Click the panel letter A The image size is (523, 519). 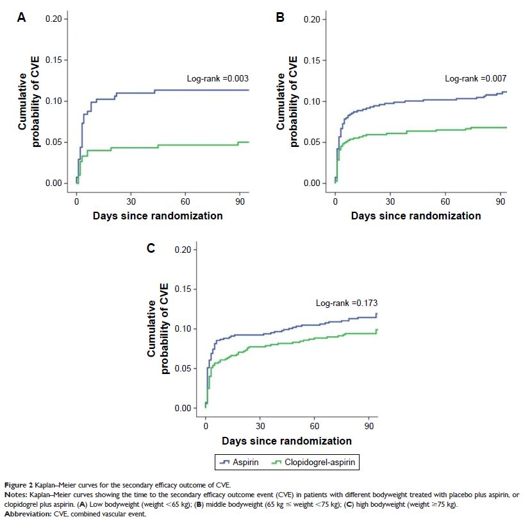click(22, 18)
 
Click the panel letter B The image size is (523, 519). click(279, 18)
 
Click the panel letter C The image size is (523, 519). click(151, 248)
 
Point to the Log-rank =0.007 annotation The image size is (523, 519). click(476, 78)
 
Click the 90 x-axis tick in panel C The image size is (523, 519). click(369, 424)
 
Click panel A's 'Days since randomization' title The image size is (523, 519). click(158, 216)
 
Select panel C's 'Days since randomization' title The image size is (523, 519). click(286, 441)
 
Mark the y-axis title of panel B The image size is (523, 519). click(285, 101)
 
